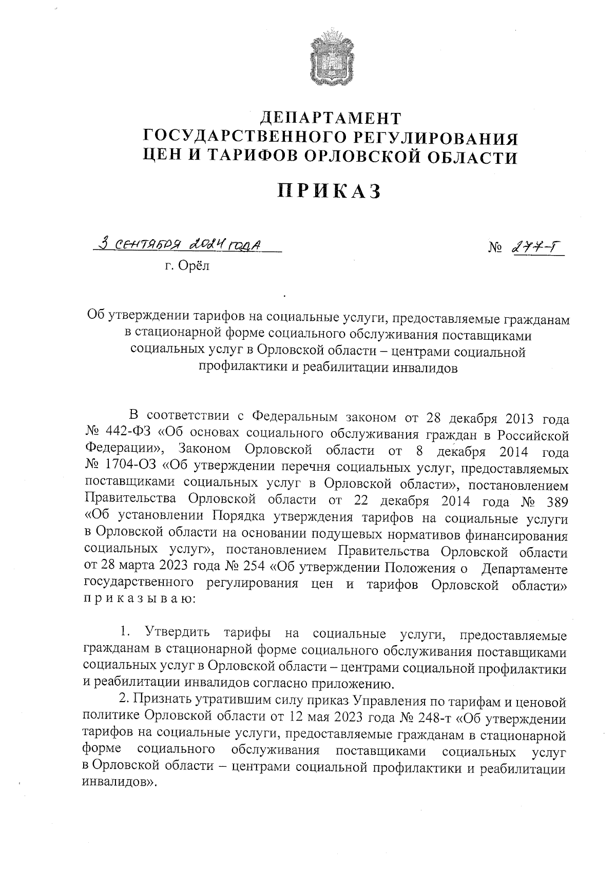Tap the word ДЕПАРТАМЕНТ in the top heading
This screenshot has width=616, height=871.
[330, 119]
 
